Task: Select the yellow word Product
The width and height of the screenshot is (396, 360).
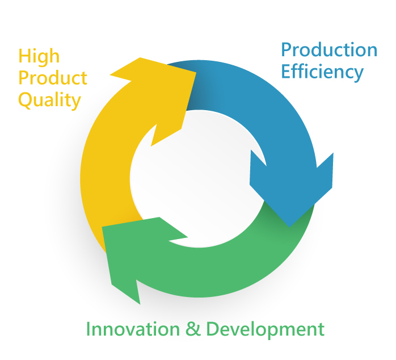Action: click(53, 78)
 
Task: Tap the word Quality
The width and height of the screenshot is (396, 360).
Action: click(49, 101)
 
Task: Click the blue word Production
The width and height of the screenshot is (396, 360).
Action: click(329, 49)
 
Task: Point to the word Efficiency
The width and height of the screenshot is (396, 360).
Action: click(322, 72)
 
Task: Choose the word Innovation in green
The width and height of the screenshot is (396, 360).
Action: click(133, 329)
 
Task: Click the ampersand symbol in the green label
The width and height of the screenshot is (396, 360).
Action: click(193, 329)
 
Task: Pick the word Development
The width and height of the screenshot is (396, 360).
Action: click(265, 330)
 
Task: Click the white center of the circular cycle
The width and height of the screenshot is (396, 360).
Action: click(199, 179)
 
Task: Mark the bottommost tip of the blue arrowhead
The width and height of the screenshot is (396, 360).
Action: click(289, 227)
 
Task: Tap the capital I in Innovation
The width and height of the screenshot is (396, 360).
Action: click(88, 329)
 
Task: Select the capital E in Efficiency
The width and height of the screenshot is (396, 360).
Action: click(286, 72)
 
